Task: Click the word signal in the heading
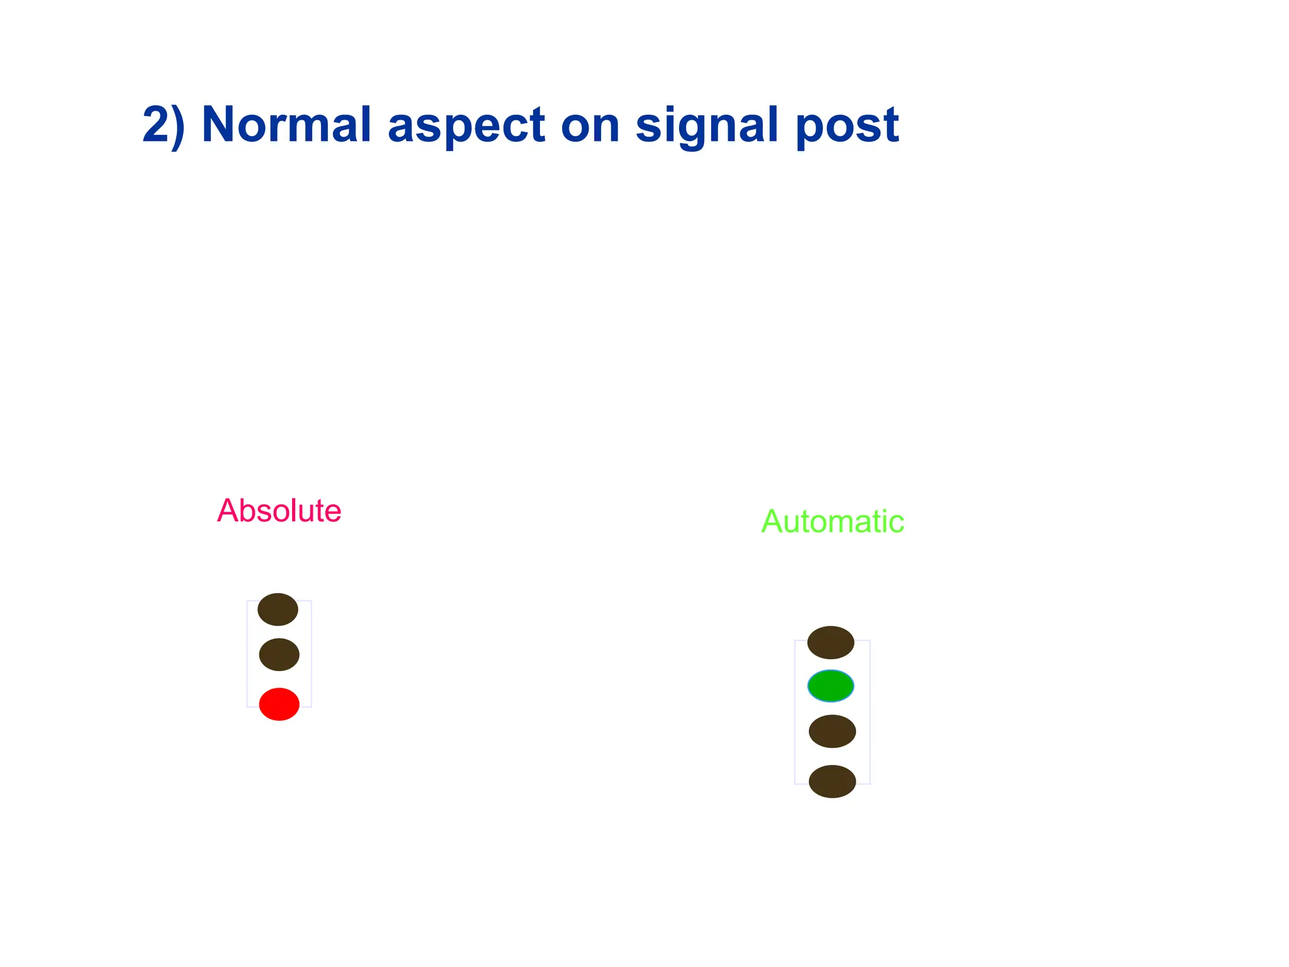click(707, 126)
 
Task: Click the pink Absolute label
click(279, 511)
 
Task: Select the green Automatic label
click(832, 521)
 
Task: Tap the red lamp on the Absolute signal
click(279, 704)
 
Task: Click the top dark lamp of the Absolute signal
click(278, 609)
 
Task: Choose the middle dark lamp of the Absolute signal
click(279, 655)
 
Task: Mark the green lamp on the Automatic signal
click(831, 686)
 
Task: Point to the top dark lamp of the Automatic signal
click(831, 642)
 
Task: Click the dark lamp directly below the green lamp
click(832, 732)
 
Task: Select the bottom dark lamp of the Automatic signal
click(832, 781)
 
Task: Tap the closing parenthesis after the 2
click(179, 126)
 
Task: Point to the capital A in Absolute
click(228, 511)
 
